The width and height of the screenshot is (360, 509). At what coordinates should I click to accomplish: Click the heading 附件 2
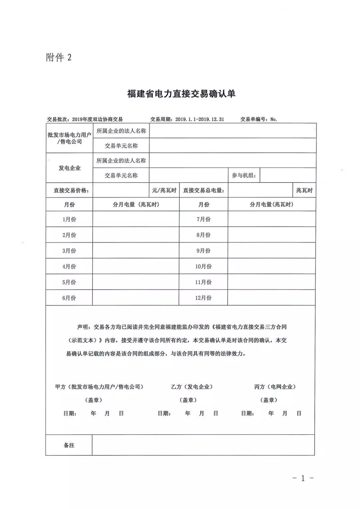[59, 58]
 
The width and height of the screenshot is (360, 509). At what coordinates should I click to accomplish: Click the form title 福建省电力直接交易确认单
[181, 94]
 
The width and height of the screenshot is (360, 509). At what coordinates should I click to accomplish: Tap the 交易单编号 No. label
[259, 119]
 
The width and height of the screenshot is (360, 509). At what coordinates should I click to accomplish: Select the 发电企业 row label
[70, 168]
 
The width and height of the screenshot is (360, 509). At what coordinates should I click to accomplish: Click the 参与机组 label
[244, 175]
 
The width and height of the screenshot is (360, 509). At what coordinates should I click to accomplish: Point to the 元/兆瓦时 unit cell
[164, 190]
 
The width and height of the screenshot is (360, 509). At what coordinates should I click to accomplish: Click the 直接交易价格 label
[71, 191]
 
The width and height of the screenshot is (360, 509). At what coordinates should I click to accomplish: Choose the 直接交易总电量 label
[203, 191]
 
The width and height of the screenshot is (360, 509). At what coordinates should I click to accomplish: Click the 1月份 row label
[69, 219]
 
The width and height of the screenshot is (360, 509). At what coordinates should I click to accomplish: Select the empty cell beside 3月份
[136, 251]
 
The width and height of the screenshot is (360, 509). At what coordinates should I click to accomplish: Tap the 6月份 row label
[69, 298]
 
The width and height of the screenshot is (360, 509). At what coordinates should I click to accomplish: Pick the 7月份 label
[203, 219]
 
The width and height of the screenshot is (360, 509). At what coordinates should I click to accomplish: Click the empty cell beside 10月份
[271, 266]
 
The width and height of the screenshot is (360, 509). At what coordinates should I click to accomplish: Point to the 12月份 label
[203, 298]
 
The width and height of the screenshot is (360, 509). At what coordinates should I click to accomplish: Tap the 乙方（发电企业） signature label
[192, 387]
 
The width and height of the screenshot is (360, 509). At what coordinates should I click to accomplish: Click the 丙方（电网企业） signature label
[275, 387]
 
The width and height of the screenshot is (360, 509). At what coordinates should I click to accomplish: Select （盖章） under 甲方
[94, 400]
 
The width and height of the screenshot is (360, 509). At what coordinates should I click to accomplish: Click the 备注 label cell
[69, 445]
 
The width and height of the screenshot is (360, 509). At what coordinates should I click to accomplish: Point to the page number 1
[303, 478]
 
